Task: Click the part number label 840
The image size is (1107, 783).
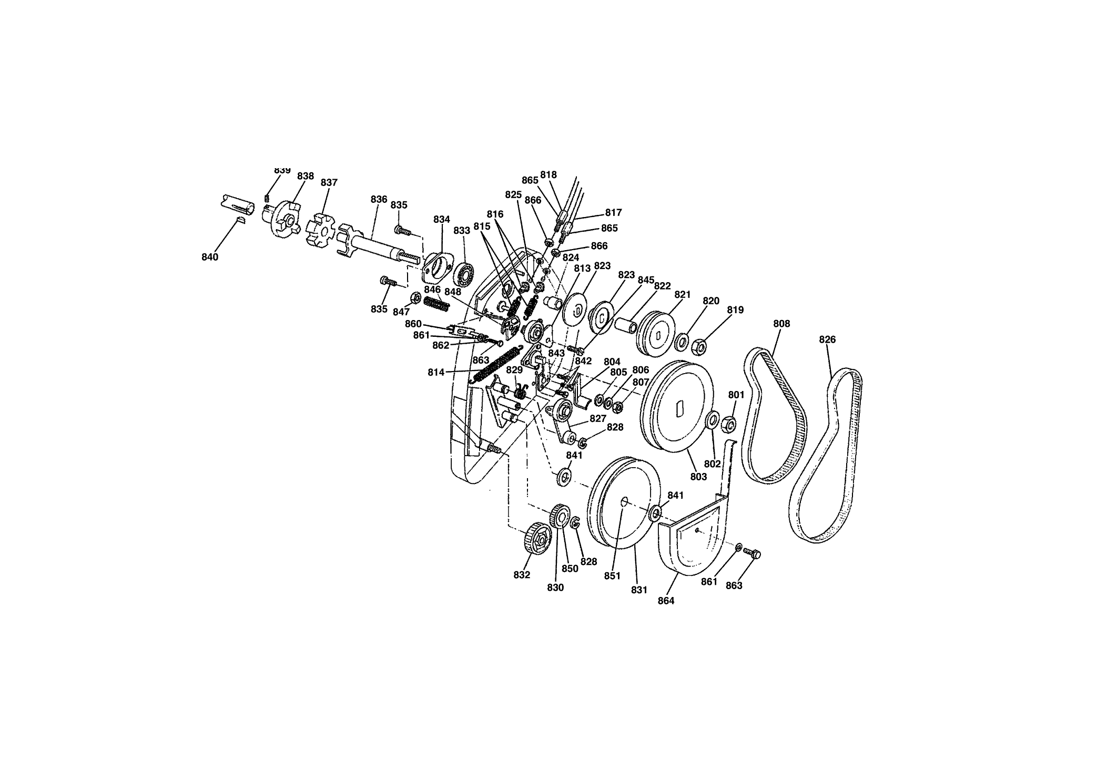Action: (x=210, y=257)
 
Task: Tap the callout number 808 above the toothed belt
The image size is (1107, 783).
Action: (x=781, y=324)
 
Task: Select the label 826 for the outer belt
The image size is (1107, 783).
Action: (x=827, y=339)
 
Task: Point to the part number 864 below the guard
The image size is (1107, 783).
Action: (x=666, y=601)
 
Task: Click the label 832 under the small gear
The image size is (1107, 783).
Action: (x=522, y=575)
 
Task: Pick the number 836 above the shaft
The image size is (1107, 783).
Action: (x=379, y=199)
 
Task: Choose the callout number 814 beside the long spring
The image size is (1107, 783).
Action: (x=436, y=372)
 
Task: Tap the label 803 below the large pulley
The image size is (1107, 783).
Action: (x=698, y=477)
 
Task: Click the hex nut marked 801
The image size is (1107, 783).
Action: (x=728, y=423)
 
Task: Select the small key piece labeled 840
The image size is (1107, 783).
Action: (x=240, y=219)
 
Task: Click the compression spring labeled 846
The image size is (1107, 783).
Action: (x=436, y=304)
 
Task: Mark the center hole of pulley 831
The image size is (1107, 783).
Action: (x=624, y=501)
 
